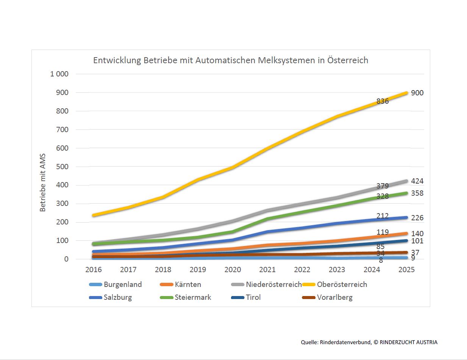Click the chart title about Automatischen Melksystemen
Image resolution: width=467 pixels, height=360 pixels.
click(231, 61)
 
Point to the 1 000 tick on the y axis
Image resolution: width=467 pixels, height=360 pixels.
click(59, 74)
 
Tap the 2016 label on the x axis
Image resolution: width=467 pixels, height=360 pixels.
click(93, 270)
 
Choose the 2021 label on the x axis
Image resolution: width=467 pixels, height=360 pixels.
click(267, 270)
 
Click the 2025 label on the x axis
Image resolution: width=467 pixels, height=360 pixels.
click(406, 270)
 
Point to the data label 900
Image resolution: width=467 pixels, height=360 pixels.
click(417, 93)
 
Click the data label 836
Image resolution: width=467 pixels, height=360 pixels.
click(383, 101)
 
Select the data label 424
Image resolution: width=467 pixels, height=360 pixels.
click(417, 181)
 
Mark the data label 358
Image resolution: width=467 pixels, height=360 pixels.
click(417, 193)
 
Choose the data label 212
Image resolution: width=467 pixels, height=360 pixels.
click(383, 216)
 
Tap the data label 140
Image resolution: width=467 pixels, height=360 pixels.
click(417, 234)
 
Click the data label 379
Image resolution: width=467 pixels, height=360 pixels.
click(383, 186)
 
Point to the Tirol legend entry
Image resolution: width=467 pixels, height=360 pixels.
click(253, 297)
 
